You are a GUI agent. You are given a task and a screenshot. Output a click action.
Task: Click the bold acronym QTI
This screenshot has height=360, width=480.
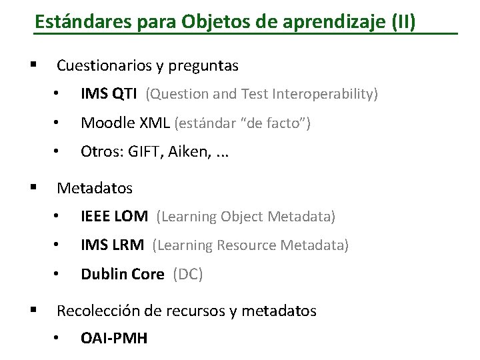click(x=126, y=95)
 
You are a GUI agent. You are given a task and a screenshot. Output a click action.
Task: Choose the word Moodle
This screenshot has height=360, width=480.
click(x=104, y=123)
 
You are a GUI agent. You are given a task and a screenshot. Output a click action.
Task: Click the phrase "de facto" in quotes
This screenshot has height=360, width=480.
click(x=281, y=123)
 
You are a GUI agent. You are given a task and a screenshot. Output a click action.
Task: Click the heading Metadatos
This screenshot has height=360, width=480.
click(x=95, y=189)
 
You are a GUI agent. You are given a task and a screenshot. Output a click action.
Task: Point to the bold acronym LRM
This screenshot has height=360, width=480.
click(x=128, y=245)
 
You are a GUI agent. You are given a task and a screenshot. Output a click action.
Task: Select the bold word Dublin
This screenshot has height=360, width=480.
click(x=102, y=274)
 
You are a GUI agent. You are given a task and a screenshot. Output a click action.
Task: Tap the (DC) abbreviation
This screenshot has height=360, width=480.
click(x=187, y=274)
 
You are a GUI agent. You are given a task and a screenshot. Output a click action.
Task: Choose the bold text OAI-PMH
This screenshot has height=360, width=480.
click(x=114, y=339)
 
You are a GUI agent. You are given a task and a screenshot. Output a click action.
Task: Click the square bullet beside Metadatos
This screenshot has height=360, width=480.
click(x=33, y=187)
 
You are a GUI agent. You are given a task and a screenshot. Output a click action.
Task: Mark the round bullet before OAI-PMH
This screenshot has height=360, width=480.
click(x=58, y=339)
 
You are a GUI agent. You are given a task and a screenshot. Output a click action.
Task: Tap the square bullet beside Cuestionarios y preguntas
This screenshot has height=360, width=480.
click(x=33, y=65)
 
